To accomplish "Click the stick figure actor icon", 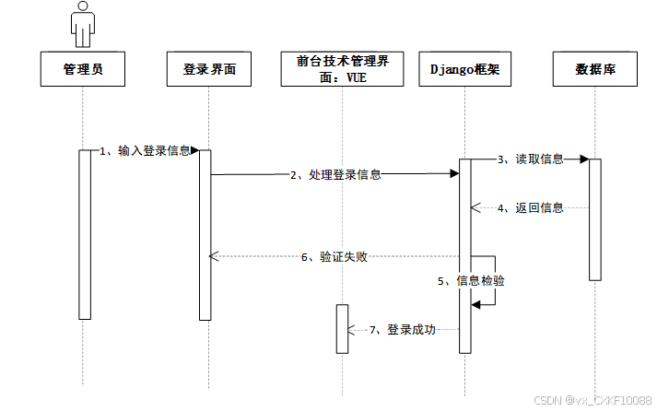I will (82, 25).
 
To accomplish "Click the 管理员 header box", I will (82, 68).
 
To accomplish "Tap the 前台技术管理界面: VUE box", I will (342, 68).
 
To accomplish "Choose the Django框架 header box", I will (464, 68).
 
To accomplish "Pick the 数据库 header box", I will (595, 68).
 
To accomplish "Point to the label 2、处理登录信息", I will (335, 174).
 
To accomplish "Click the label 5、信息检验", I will (472, 280).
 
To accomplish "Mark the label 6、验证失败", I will (334, 256).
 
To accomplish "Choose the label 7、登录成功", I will (402, 329).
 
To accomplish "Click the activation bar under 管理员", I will (85, 234).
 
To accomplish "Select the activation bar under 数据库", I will (595, 219).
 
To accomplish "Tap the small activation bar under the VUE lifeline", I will (342, 328).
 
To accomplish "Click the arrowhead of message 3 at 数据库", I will (584, 159).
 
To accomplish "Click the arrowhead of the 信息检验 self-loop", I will (476, 304).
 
